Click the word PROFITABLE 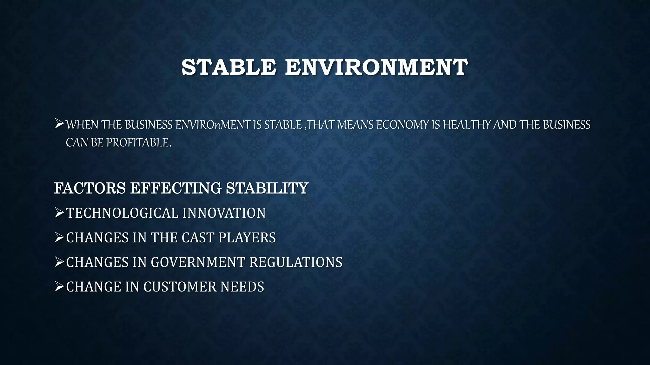click(x=139, y=143)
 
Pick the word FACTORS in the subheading click(x=90, y=188)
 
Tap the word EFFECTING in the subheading click(x=176, y=188)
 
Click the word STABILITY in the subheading click(x=267, y=188)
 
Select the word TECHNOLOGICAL click(x=122, y=213)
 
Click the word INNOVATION click(x=224, y=213)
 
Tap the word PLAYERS click(x=247, y=238)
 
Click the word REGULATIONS click(x=296, y=262)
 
